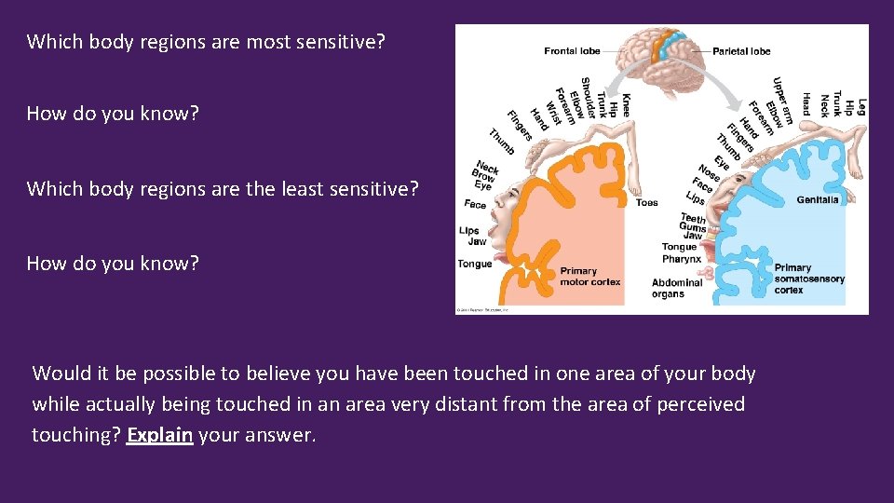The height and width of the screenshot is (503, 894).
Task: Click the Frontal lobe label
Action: (572, 51)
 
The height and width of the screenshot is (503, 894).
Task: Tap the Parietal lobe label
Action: (741, 51)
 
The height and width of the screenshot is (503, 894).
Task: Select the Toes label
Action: (646, 202)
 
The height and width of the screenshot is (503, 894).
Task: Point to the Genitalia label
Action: (817, 199)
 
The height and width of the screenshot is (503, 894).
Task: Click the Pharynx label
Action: (683, 258)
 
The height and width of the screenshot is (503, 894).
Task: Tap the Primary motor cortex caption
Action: (589, 277)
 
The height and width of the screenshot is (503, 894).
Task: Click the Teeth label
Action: (693, 218)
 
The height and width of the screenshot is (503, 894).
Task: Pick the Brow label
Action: (483, 175)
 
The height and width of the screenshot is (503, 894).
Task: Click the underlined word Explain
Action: (159, 434)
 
